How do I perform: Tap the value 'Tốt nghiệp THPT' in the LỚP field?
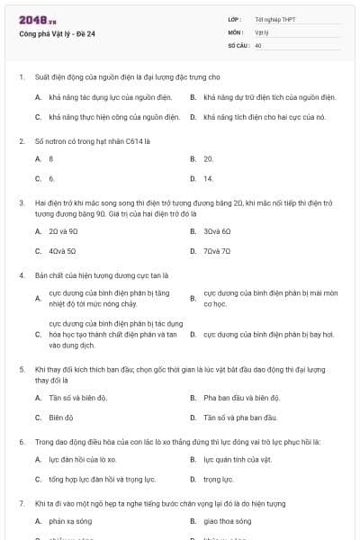(x=276, y=19)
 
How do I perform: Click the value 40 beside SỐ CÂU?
(x=258, y=44)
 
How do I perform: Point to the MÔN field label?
(x=236, y=31)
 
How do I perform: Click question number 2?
(x=22, y=141)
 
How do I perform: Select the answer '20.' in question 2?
(x=209, y=158)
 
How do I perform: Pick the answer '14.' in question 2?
(x=209, y=178)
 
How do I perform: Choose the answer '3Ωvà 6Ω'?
(x=217, y=231)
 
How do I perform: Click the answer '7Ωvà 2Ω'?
(x=217, y=251)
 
